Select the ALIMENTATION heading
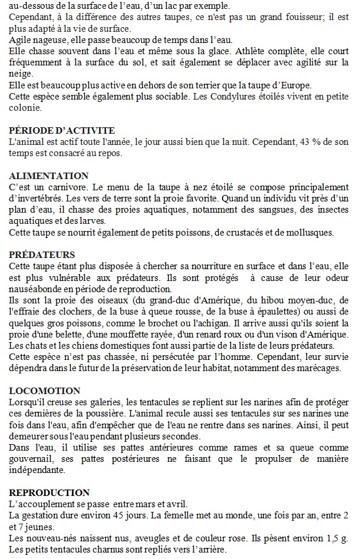click(49, 176)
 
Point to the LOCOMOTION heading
click(45, 391)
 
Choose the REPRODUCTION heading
click(49, 492)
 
